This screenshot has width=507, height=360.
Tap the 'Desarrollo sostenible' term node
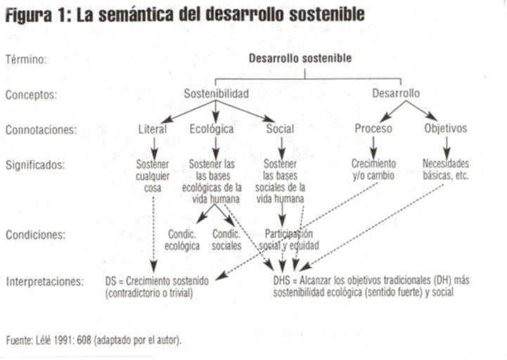point(300,58)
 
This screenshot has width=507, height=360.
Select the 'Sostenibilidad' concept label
point(216,94)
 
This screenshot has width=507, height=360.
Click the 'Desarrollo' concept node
point(396,93)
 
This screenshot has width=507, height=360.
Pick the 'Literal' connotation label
point(153,129)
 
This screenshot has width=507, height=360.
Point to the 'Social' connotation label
point(280,129)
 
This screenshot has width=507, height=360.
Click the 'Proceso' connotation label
point(373,129)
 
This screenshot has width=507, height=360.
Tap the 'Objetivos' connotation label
point(446,129)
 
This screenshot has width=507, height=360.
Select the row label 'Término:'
point(26,60)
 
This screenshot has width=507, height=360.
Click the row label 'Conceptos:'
point(31,94)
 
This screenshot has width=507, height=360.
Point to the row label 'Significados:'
point(35,165)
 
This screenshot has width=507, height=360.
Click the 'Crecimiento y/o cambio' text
point(374,169)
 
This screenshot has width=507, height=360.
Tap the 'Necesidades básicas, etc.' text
point(445,169)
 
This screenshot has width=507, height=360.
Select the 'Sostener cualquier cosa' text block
point(153,176)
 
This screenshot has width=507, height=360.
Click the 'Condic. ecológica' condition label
point(182,240)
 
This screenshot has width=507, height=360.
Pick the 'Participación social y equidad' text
point(289,240)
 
